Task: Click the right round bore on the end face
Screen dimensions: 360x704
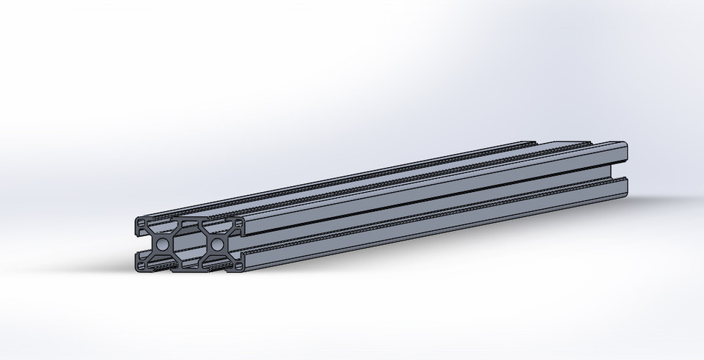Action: click(217, 243)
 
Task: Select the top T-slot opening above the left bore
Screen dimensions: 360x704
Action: click(162, 222)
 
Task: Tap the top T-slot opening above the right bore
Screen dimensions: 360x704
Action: click(217, 222)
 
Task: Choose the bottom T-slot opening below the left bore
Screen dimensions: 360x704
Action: click(162, 265)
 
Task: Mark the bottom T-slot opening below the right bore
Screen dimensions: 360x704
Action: click(217, 265)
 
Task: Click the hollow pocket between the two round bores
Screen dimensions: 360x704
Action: click(190, 243)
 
